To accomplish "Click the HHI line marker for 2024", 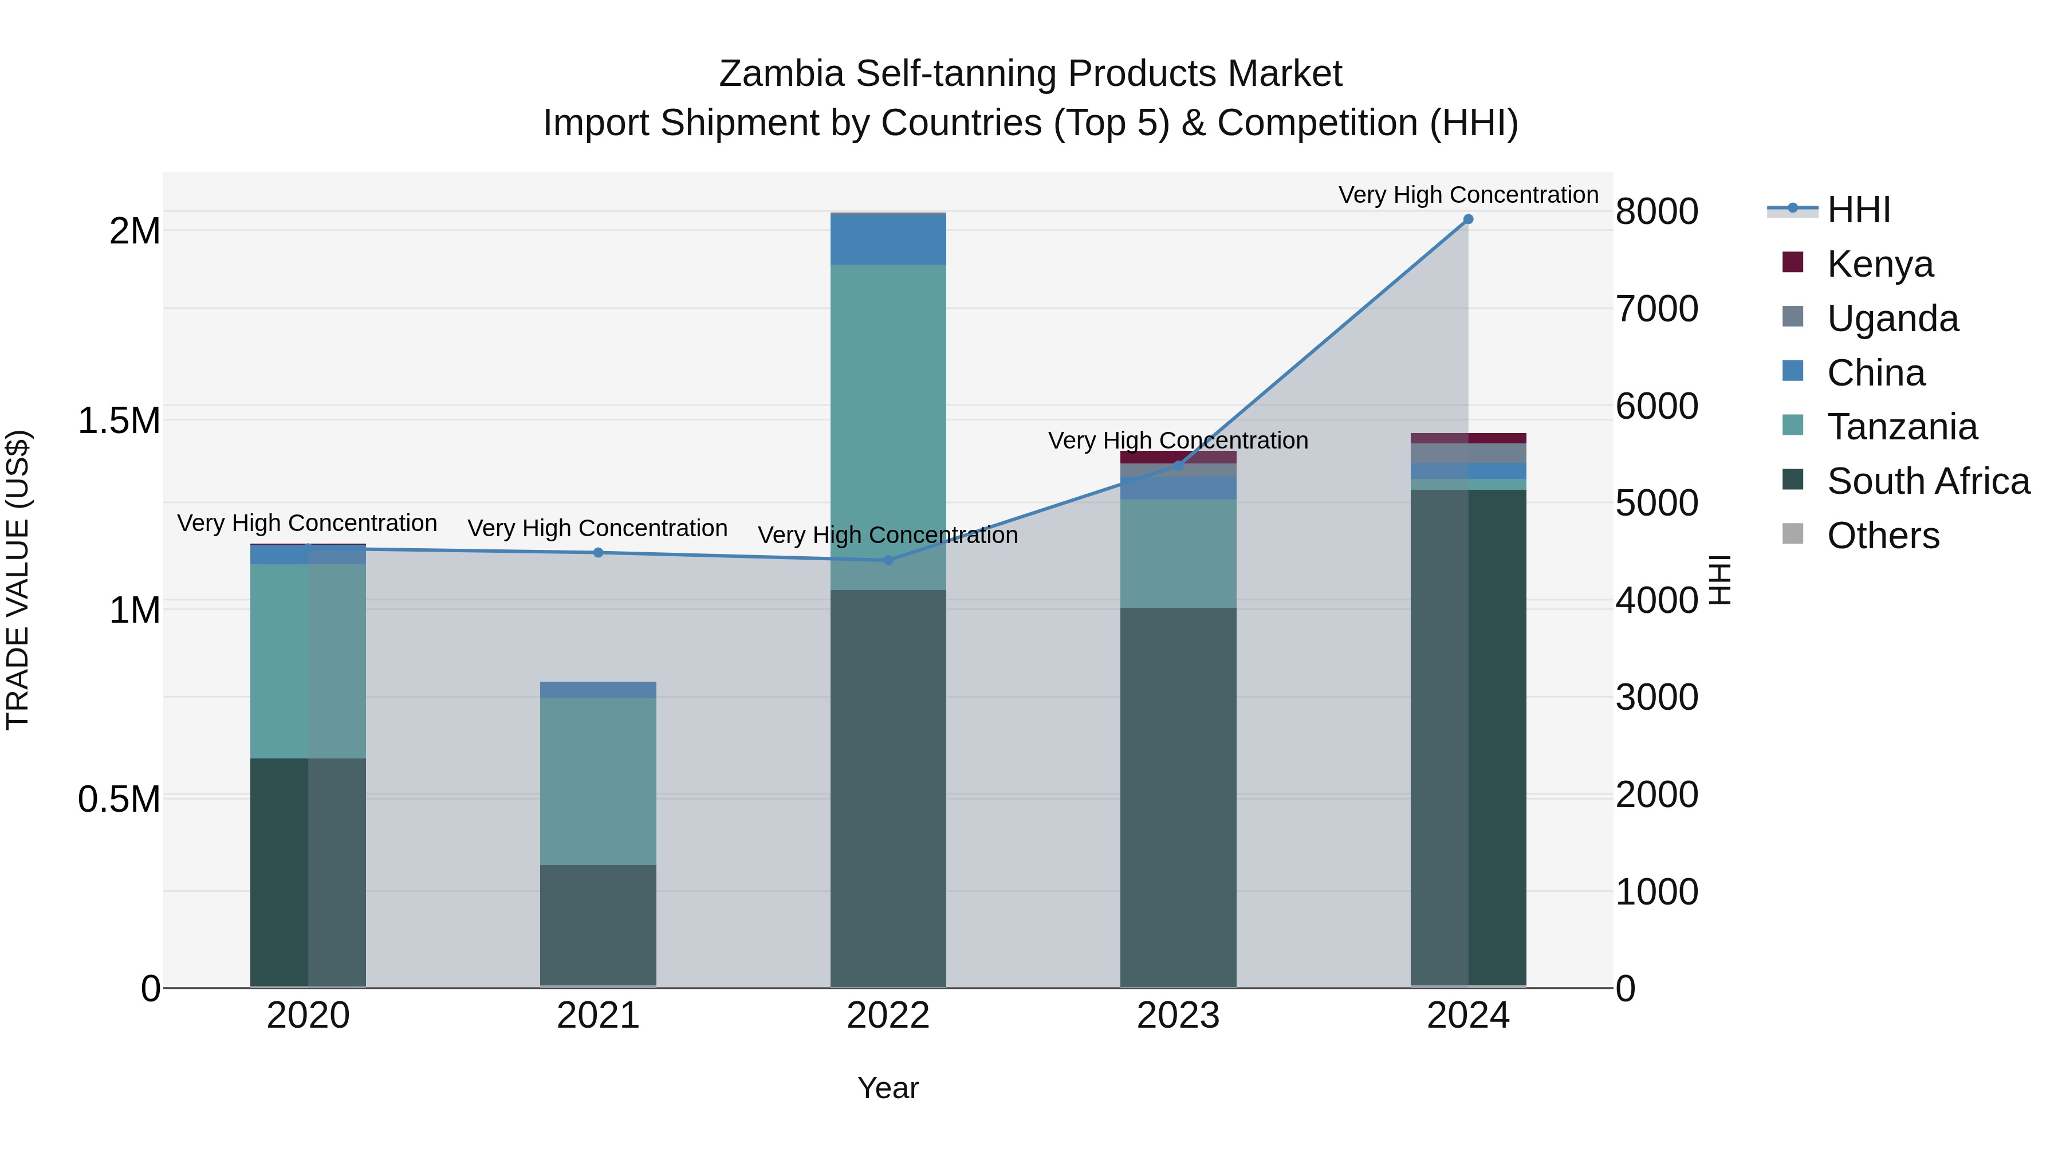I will pos(1467,219).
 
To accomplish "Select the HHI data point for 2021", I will pos(598,552).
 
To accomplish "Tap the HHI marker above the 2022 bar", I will pos(888,560).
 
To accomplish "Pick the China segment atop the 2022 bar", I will pos(888,239).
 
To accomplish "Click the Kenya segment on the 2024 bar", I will pos(1467,438).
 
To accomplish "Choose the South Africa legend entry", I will pos(1927,481).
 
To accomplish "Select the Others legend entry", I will pos(1882,536).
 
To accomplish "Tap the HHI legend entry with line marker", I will pos(1857,210).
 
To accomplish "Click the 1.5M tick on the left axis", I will pos(119,420).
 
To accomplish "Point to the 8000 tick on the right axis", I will pos(1656,211).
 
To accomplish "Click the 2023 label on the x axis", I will pos(1178,1016).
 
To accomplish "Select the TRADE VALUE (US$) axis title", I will pos(18,580).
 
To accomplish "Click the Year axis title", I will pos(888,1088).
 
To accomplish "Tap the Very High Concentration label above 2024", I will pos(1467,195).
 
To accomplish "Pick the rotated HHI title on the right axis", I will pos(1720,580).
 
